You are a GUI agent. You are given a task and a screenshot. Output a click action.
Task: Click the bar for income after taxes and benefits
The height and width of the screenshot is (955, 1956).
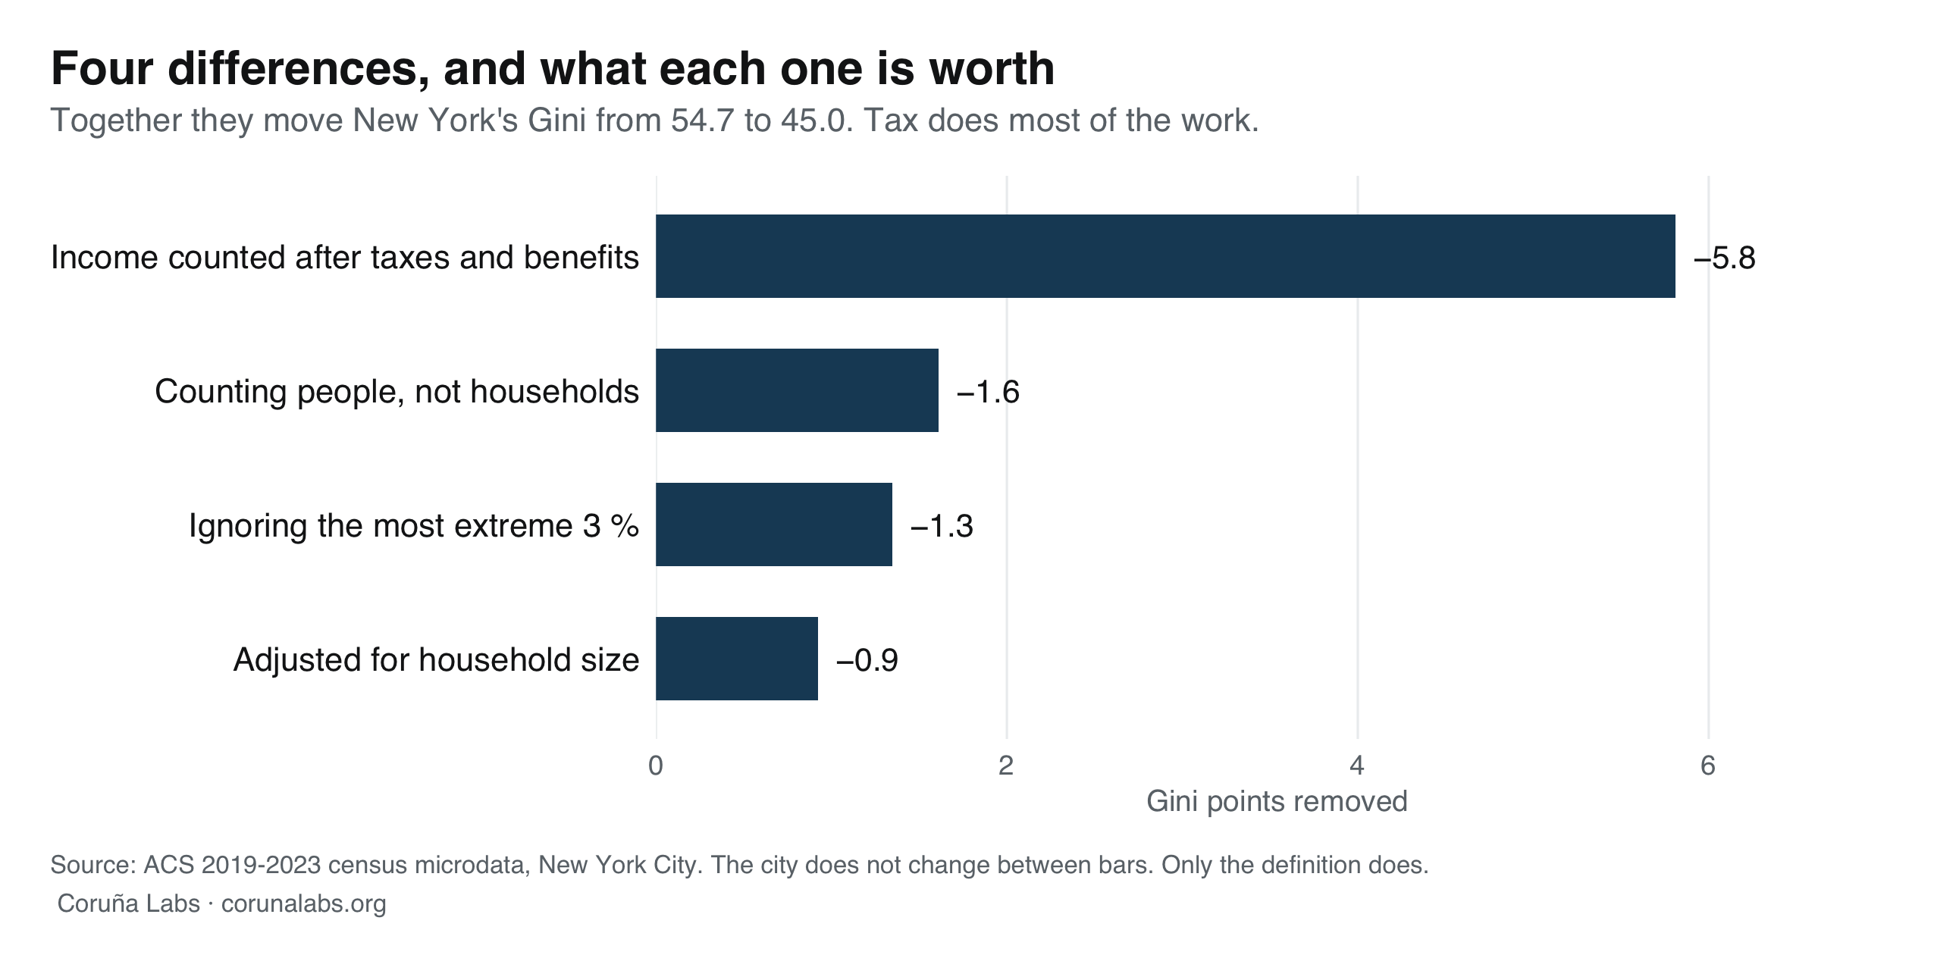[x=1165, y=256]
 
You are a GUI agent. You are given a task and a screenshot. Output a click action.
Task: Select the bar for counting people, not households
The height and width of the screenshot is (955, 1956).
[x=798, y=390]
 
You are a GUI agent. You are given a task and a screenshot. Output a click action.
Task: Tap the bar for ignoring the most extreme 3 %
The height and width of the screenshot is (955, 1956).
[x=774, y=524]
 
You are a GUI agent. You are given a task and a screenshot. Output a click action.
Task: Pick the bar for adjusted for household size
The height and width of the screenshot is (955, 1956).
[x=737, y=658]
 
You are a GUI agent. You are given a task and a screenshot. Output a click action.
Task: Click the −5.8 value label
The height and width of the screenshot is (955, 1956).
[x=1725, y=258]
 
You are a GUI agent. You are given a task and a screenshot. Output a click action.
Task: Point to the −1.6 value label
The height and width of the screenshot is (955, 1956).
[x=988, y=393]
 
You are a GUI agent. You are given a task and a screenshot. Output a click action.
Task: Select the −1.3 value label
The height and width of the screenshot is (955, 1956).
[x=942, y=526]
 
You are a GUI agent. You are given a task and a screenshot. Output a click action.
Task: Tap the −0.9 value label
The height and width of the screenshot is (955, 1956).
[x=867, y=660]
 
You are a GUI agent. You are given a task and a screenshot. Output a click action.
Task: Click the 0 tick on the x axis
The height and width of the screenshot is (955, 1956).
[x=656, y=766]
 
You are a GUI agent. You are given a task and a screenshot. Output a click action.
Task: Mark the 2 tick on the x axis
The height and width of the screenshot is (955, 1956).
[x=1006, y=766]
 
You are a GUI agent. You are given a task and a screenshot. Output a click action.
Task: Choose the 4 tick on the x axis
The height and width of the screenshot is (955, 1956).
[x=1357, y=766]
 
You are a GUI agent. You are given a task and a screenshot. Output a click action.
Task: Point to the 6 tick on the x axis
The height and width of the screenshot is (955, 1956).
[x=1707, y=766]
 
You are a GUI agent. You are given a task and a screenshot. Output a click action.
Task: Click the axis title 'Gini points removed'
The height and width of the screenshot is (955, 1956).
[x=1277, y=802]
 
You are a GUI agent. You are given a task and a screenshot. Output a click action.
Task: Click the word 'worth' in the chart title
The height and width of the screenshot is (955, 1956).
[x=992, y=68]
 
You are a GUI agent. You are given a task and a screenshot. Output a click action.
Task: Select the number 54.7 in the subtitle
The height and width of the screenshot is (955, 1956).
[x=701, y=121]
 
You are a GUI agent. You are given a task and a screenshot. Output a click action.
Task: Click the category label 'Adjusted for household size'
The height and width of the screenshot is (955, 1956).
[x=436, y=659]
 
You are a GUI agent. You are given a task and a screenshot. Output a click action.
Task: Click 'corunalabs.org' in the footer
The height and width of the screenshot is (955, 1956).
[x=304, y=903]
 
